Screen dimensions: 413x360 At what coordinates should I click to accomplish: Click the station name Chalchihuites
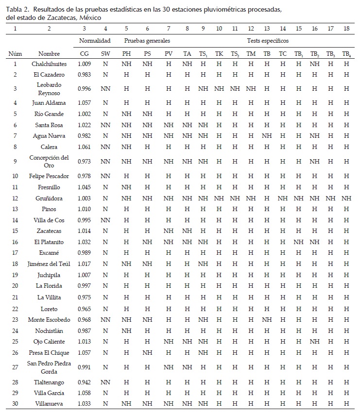coord(49,64)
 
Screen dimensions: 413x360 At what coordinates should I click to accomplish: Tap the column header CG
coord(85,54)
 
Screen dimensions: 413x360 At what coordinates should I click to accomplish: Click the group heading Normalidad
coord(95,41)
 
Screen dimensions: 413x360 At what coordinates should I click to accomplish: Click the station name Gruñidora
coord(49,198)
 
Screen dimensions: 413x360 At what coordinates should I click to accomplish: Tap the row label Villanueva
coord(49,403)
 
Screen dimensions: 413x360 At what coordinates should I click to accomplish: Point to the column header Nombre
coord(49,54)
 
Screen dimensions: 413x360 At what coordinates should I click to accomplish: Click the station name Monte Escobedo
coord(49,319)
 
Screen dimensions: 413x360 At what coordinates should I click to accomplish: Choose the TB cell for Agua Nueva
coord(267,136)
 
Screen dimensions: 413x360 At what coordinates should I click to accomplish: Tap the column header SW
coord(105,54)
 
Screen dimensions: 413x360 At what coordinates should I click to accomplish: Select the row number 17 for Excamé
coord(15,252)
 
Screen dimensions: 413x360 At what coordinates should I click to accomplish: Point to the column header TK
coord(219,54)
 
